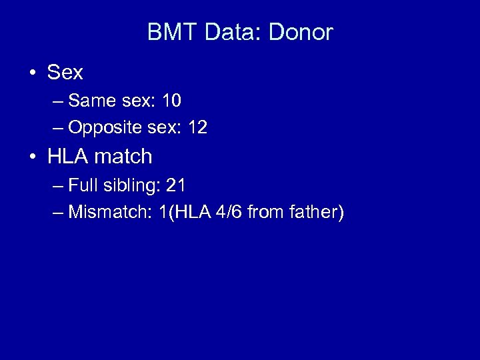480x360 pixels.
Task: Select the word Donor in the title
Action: point(301,33)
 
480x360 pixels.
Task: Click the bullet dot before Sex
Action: point(33,73)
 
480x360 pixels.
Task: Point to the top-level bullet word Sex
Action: point(65,73)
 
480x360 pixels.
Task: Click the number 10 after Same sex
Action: point(171,101)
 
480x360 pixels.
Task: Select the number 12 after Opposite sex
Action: point(197,128)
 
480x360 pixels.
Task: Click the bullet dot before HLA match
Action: point(33,157)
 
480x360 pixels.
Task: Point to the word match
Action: point(122,157)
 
